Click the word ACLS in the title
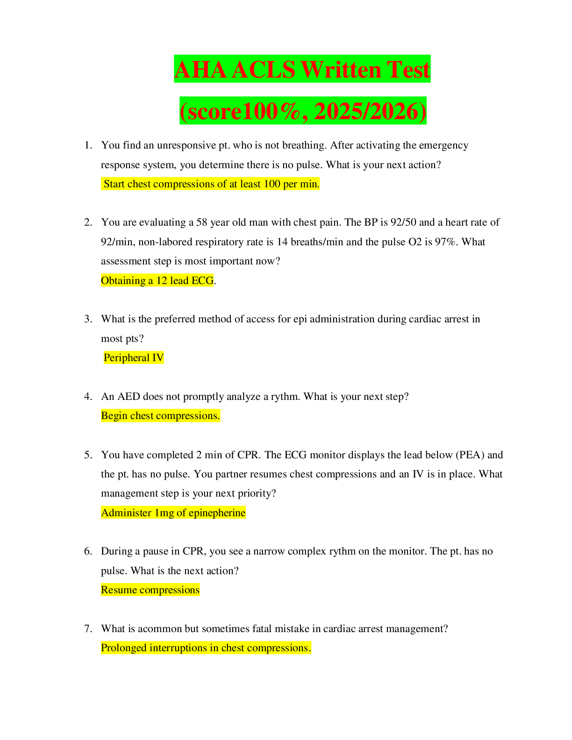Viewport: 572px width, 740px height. [x=264, y=70]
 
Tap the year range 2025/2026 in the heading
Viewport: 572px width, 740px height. [x=370, y=111]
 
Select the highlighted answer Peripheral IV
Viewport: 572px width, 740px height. [x=134, y=357]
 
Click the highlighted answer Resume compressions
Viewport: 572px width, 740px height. [x=150, y=590]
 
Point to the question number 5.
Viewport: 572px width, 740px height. [x=88, y=455]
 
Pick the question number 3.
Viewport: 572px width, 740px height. [x=88, y=319]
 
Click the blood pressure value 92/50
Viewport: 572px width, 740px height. [x=403, y=222]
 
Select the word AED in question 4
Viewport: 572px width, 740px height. [x=129, y=396]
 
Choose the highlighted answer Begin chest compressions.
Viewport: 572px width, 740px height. [x=160, y=415]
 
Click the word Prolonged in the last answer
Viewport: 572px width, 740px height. [x=124, y=647]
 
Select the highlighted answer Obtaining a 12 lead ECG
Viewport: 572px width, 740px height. [x=157, y=280]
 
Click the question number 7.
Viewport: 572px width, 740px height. [x=88, y=629]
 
